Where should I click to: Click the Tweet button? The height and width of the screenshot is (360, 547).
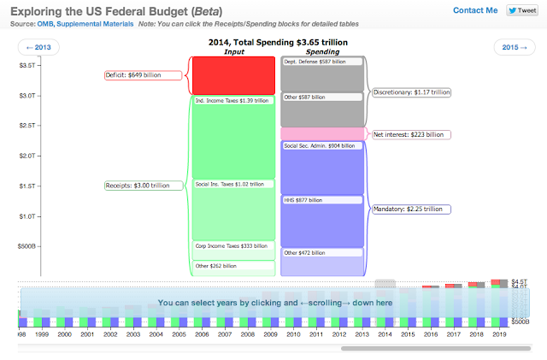(x=521, y=10)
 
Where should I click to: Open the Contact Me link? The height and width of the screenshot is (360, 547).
(x=475, y=10)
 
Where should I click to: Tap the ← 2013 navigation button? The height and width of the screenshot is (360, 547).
(x=39, y=48)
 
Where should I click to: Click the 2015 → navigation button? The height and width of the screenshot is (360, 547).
(x=515, y=48)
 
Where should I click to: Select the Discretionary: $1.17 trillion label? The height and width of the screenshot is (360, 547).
(x=411, y=91)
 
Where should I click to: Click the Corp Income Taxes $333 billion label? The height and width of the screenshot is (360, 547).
(x=232, y=245)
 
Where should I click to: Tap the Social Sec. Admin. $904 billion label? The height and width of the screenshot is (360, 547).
(x=321, y=146)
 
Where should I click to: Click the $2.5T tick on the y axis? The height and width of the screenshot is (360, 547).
(x=27, y=126)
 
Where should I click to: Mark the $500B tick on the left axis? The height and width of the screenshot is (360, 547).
(x=26, y=246)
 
